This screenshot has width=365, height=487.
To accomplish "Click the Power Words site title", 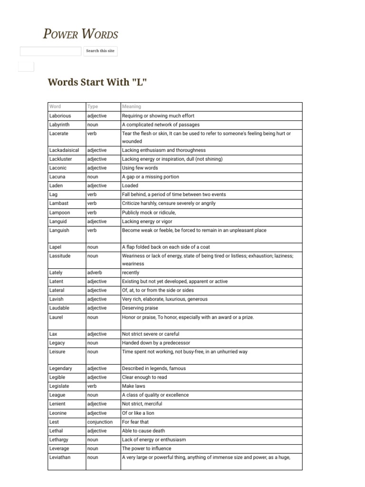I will click(x=80, y=34).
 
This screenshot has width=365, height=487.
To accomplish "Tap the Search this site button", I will click(x=100, y=51).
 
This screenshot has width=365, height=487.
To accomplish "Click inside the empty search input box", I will click(x=50, y=51).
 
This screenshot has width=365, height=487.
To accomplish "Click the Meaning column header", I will click(x=132, y=107).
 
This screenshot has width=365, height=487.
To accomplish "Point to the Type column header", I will click(x=93, y=107).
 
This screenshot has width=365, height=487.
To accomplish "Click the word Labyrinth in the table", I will click(x=59, y=125).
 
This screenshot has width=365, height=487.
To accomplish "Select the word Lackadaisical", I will click(x=64, y=150).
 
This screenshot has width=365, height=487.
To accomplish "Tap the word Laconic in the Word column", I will click(x=58, y=168).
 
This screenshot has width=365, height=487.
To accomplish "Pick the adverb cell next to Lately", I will click(x=95, y=273).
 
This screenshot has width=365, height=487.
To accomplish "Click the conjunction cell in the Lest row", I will click(x=100, y=422).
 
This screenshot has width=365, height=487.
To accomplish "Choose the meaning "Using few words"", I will click(x=140, y=168).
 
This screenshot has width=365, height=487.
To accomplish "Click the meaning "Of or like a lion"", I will click(x=138, y=413).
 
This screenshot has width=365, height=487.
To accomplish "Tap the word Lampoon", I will click(x=59, y=213).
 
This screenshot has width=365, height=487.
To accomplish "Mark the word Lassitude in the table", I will click(x=60, y=256).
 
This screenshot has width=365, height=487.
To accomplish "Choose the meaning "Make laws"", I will click(x=134, y=386).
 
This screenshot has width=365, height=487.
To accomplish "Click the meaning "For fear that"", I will click(x=135, y=422).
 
